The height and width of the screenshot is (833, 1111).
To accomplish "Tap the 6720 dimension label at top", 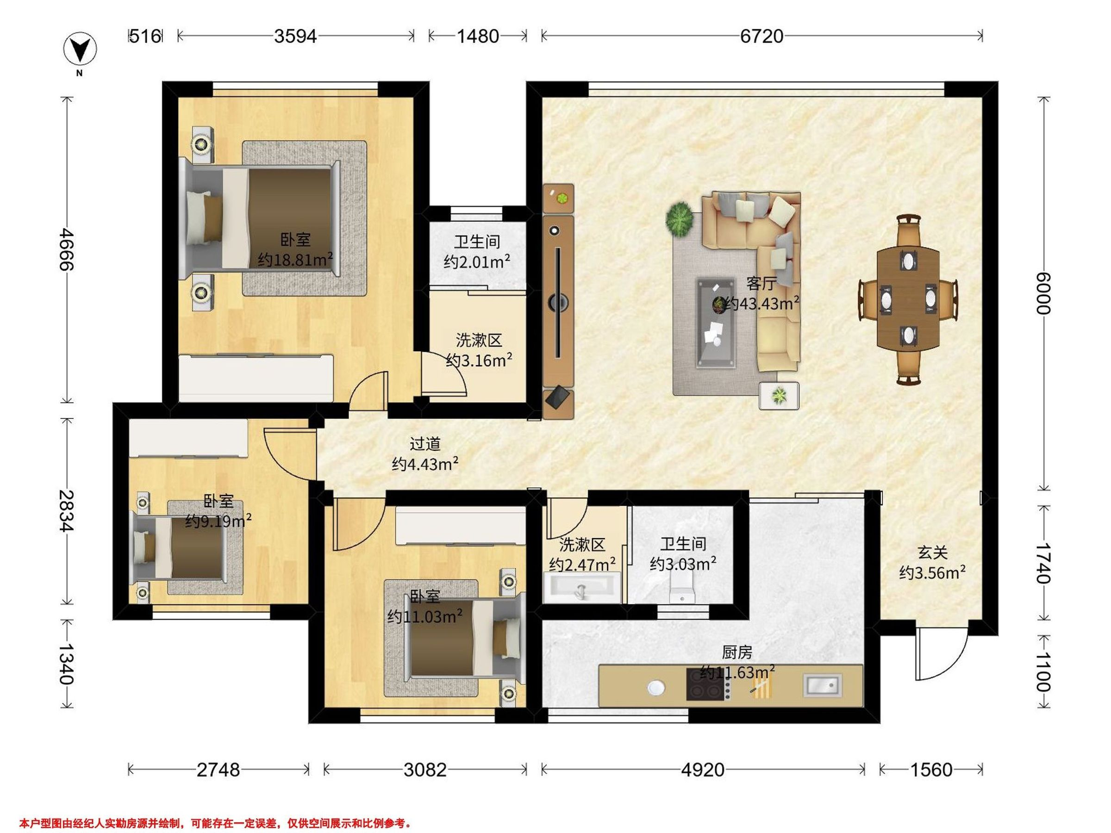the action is (761, 36).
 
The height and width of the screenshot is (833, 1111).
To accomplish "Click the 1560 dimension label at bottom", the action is (931, 770).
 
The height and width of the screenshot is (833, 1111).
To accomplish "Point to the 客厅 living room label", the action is (761, 284).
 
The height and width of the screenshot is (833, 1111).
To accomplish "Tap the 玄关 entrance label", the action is (933, 553).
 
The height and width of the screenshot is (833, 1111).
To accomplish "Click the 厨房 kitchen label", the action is (737, 652).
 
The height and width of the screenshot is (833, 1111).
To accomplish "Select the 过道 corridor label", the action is (425, 444).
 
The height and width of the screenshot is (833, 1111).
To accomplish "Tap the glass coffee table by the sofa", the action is (716, 323).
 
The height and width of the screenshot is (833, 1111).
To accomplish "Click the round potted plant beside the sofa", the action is (680, 219).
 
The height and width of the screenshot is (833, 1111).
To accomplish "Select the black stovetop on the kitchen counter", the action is (705, 684).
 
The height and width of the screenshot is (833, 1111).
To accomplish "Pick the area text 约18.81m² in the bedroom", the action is (295, 260).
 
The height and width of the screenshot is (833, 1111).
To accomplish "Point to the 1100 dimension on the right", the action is (1042, 671).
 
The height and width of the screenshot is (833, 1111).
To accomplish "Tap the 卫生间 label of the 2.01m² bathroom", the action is (477, 242).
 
